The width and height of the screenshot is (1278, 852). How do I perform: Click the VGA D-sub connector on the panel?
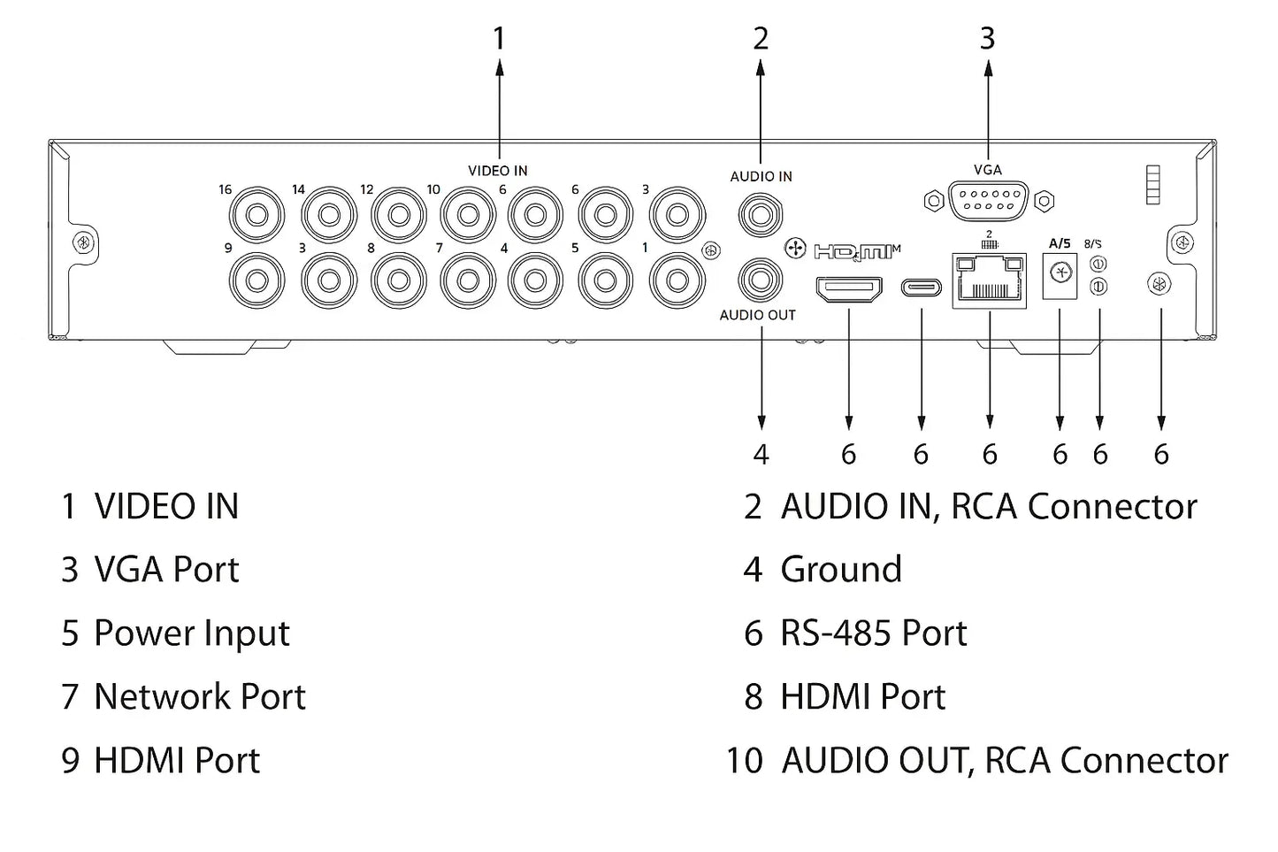click(x=988, y=200)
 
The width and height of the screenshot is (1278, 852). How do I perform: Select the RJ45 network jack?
click(x=990, y=281)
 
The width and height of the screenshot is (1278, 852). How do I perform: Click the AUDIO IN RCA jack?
click(x=761, y=212)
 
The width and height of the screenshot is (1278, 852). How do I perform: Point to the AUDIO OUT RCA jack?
click(x=761, y=280)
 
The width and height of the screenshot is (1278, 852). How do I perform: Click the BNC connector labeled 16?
click(x=257, y=215)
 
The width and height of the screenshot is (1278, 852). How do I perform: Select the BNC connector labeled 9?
click(x=257, y=280)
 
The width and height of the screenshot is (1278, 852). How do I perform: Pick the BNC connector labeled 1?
click(x=677, y=280)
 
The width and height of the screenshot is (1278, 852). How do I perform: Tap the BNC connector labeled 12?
click(x=398, y=215)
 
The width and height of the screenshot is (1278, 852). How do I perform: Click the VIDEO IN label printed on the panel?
click(x=498, y=171)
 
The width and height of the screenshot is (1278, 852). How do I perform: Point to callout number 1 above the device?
click(x=499, y=39)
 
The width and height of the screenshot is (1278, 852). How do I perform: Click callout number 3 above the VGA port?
click(x=988, y=39)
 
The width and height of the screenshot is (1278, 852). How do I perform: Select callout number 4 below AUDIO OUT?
click(x=761, y=455)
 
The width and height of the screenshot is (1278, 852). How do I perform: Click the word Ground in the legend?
click(x=841, y=570)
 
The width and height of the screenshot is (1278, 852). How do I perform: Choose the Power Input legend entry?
click(x=191, y=633)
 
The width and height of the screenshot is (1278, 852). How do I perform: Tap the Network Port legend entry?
click(x=199, y=697)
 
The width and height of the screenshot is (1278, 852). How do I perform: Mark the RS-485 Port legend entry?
click(x=873, y=633)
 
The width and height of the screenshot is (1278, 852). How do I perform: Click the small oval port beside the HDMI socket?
click(x=922, y=288)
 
